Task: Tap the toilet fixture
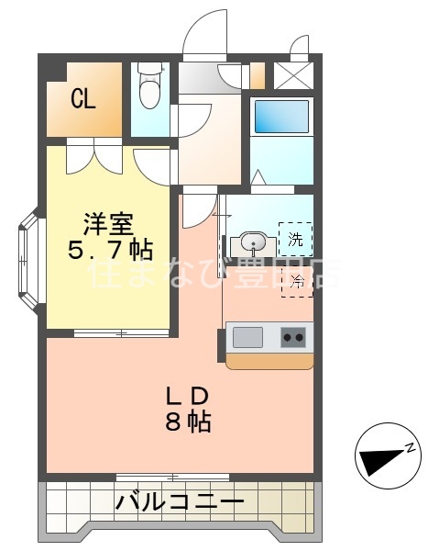pyautogui.click(x=148, y=87)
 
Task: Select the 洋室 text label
pyautogui.click(x=109, y=223)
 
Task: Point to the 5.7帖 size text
pyautogui.click(x=109, y=249)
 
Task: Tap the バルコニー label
pyautogui.click(x=180, y=502)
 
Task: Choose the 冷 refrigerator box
pyautogui.click(x=295, y=281)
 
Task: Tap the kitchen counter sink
pyautogui.click(x=247, y=338)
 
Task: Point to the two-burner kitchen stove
pyautogui.click(x=293, y=338)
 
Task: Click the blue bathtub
pyautogui.click(x=280, y=117)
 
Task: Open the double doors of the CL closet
pyautogui.click(x=93, y=154)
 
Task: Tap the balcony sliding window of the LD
pyautogui.click(x=171, y=478)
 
